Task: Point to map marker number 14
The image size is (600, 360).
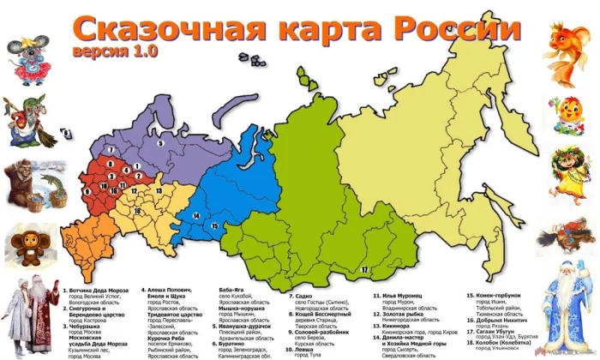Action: [x=196, y=215]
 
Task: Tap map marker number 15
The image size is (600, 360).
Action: [x=214, y=225]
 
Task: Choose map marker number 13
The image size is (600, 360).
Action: [x=158, y=190]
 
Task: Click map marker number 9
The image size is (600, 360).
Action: [x=67, y=135]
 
